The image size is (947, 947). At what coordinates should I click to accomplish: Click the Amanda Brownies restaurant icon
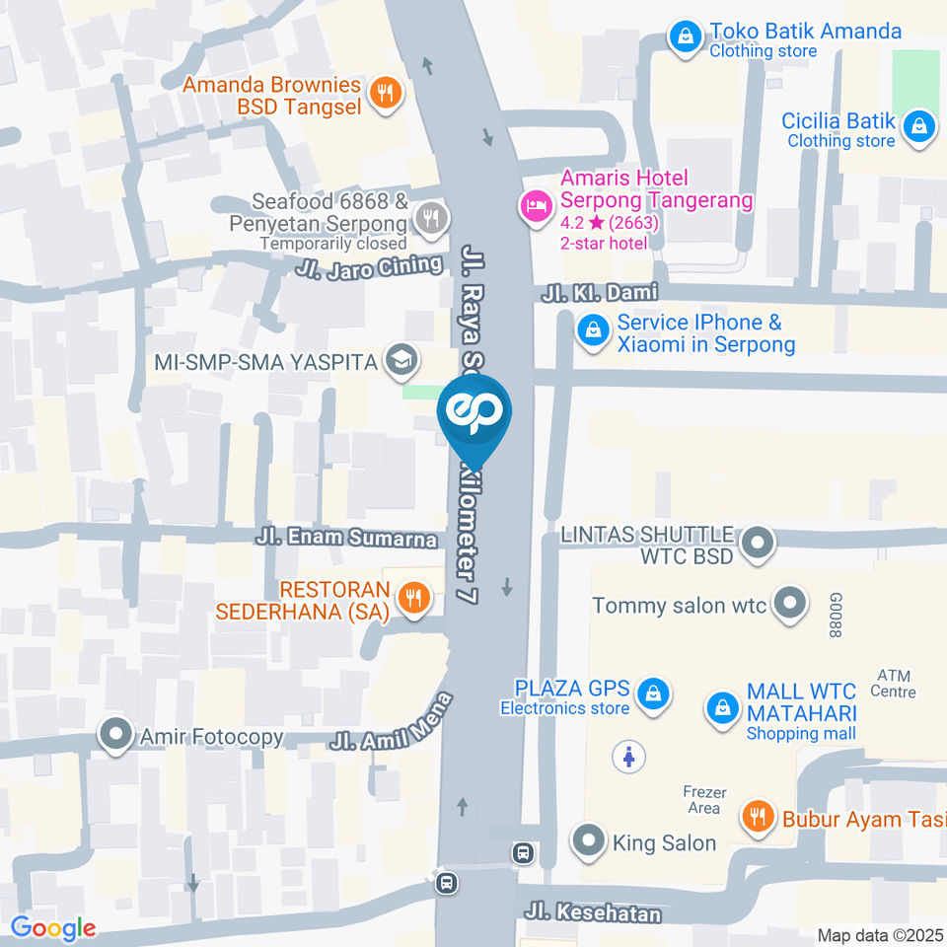tap(384, 94)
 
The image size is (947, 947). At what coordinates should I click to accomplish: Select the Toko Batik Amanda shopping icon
tap(683, 38)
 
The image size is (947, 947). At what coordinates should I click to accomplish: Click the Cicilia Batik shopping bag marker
tap(919, 127)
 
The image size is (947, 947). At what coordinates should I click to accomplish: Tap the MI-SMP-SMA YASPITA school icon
tap(401, 361)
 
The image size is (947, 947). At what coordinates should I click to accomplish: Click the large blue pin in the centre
tap(476, 414)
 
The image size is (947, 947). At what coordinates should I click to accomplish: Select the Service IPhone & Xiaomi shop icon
tap(593, 331)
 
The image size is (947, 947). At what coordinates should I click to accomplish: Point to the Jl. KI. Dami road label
tap(600, 294)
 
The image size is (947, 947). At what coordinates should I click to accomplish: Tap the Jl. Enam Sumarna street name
tap(346, 539)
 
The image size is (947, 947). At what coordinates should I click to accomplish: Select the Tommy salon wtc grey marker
tap(789, 604)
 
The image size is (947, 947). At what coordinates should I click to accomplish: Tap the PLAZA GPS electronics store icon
tap(653, 695)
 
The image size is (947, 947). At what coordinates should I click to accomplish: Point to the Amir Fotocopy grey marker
tap(116, 735)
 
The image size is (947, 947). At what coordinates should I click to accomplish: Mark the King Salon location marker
tap(590, 841)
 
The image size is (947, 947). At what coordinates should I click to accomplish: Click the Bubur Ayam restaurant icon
tap(758, 817)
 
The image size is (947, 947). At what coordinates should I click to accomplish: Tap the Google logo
tap(53, 927)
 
